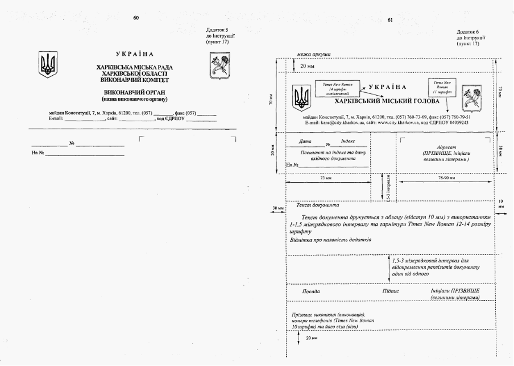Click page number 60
pos(136,18)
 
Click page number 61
pos(390,20)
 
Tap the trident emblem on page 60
pos(48,65)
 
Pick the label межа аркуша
pos(314,55)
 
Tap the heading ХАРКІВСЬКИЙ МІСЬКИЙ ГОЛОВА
pos(387,101)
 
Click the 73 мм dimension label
pos(326,177)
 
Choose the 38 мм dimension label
pos(500,150)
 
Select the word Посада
pos(311,291)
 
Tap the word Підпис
pos(391,291)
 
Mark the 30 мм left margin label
pos(278,208)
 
